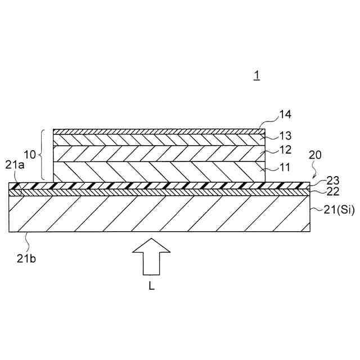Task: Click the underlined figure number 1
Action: (x=256, y=75)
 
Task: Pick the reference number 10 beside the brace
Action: (x=30, y=154)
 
